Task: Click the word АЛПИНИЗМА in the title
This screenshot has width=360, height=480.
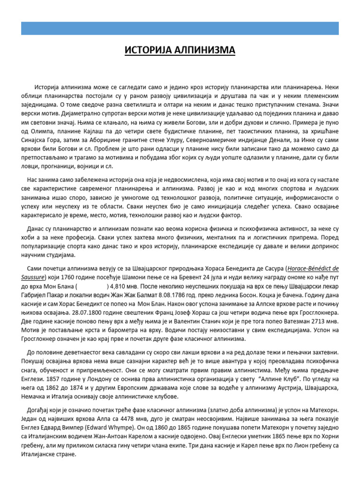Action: pyautogui.click(x=205, y=50)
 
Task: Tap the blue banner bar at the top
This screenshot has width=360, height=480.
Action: pyautogui.click(x=180, y=28)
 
